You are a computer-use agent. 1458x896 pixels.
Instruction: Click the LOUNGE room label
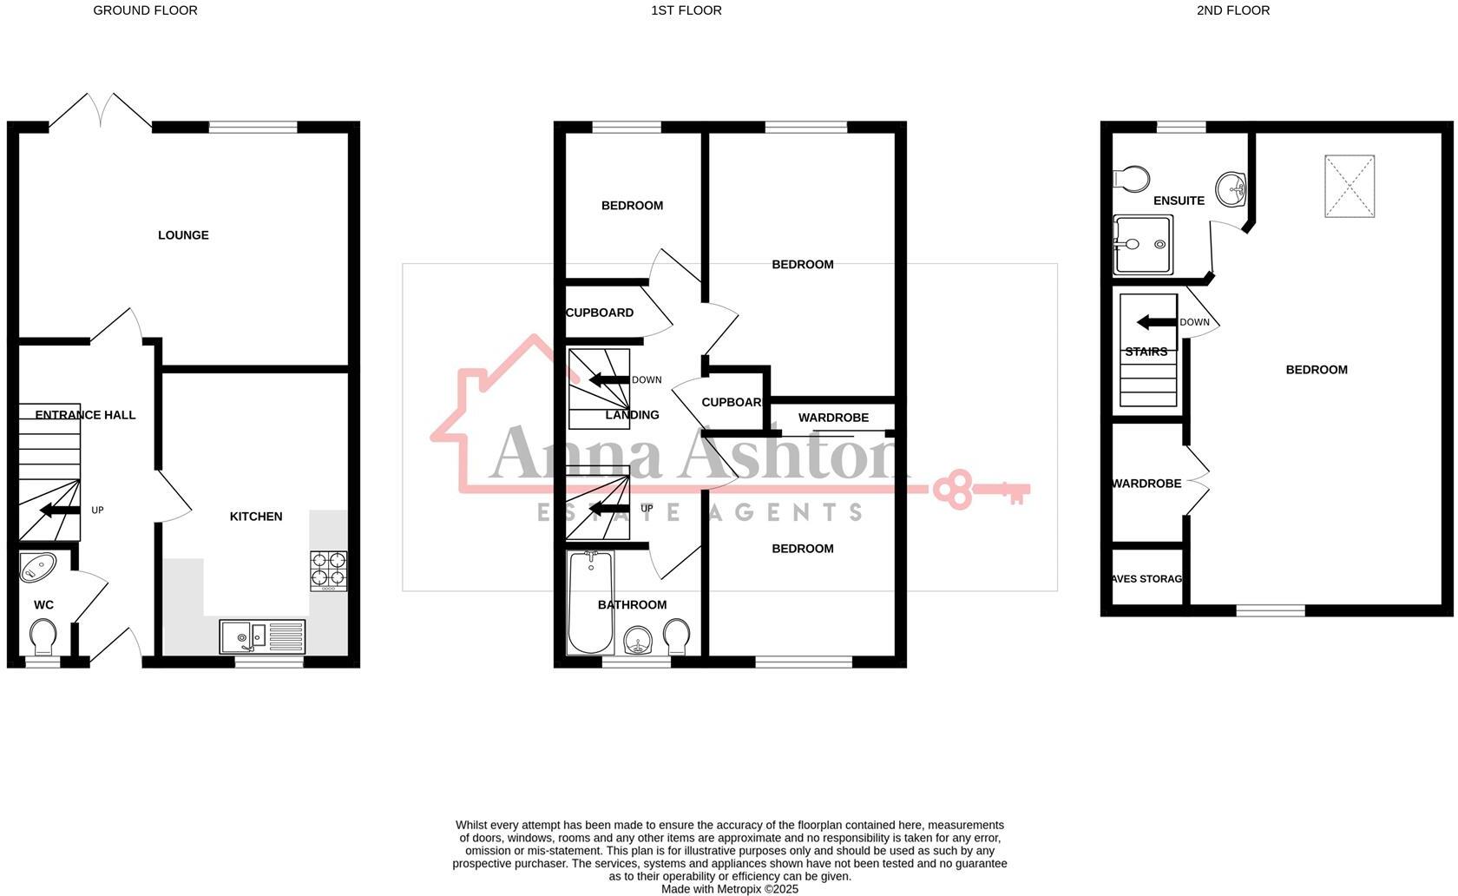click(x=183, y=235)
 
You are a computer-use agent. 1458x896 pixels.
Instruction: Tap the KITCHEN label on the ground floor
click(x=256, y=517)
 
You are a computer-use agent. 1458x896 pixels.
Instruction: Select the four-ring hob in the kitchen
click(x=329, y=570)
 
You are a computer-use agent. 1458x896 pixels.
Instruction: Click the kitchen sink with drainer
click(x=262, y=636)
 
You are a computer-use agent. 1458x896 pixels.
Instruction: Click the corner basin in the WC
click(x=36, y=567)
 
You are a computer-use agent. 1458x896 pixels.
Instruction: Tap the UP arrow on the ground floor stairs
click(x=59, y=510)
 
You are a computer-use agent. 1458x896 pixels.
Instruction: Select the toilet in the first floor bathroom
click(x=676, y=637)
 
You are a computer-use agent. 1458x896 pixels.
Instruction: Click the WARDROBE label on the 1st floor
click(x=833, y=418)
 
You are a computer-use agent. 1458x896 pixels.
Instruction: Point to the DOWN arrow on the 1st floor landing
click(x=608, y=379)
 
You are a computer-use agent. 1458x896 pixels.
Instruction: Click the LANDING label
click(x=632, y=415)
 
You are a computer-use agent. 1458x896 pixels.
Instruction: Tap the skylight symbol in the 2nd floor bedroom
click(x=1350, y=186)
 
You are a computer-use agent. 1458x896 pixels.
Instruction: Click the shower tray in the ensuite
click(x=1142, y=245)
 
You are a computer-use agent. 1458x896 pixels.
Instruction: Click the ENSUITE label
click(x=1179, y=201)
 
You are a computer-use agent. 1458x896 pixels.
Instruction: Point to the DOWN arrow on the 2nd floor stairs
click(x=1157, y=322)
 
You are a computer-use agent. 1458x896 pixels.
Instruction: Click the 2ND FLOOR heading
click(x=1232, y=10)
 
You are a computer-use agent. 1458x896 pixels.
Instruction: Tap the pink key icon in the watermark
click(x=981, y=489)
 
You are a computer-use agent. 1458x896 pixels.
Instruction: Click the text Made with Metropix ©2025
click(x=729, y=889)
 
